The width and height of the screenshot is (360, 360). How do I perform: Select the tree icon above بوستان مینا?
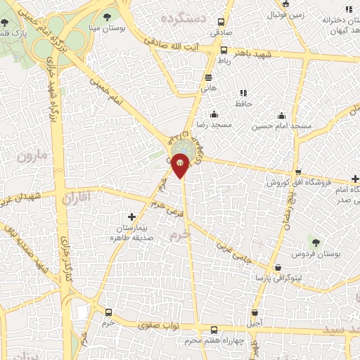tap(106, 16)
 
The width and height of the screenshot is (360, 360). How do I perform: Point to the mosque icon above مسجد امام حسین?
tap(282, 115)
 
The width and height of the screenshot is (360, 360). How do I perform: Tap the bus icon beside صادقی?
tap(223, 50)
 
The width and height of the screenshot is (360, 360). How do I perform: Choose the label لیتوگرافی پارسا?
tap(278, 278)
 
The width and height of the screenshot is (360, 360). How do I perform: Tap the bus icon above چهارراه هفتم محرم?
tap(214, 330)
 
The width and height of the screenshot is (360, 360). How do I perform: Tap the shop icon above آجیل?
tap(255, 312)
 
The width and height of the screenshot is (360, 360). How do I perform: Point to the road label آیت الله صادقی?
tap(186, 41)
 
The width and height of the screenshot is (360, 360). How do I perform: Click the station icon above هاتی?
tap(208, 78)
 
